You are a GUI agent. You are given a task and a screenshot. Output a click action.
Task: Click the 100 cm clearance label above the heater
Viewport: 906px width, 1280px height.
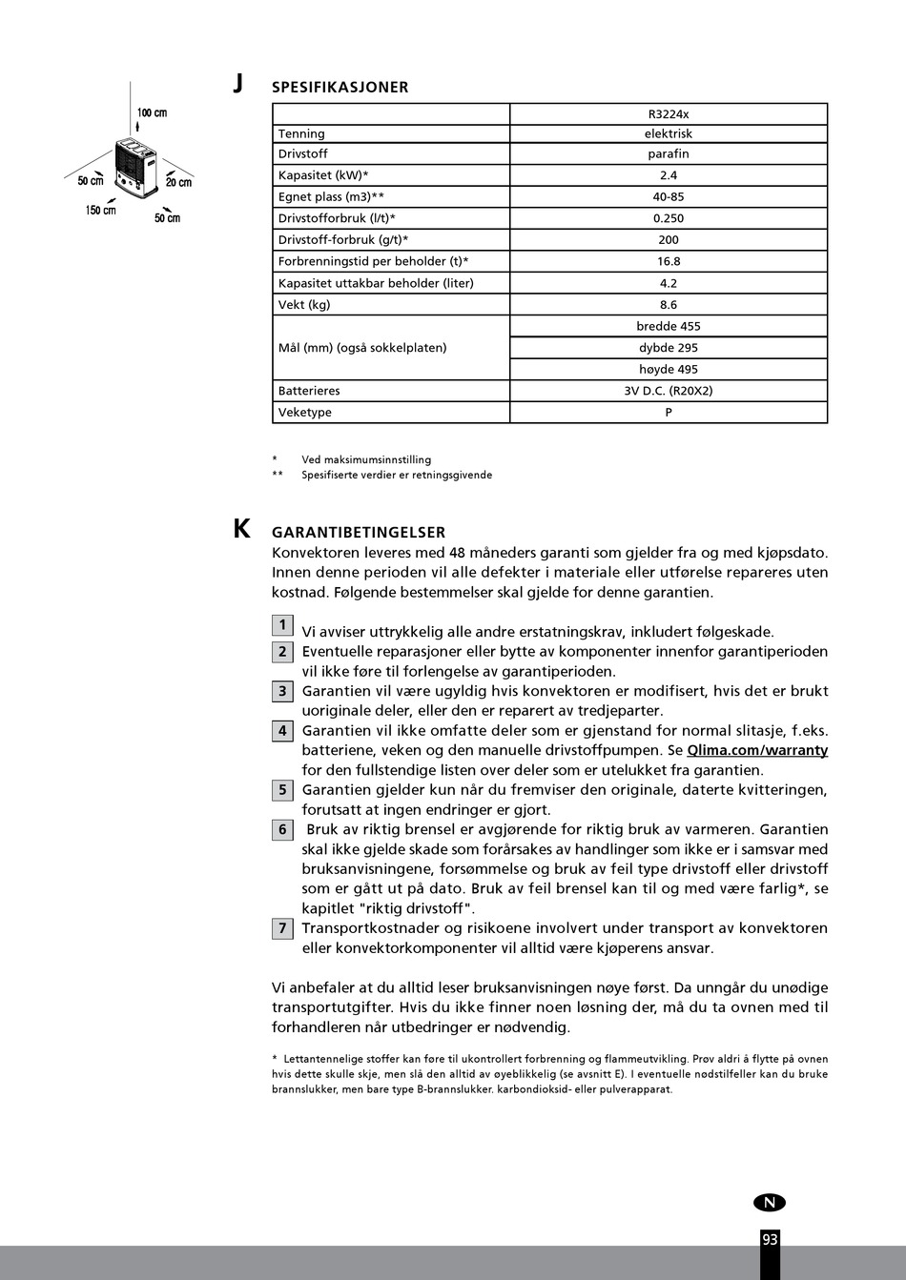click(x=152, y=112)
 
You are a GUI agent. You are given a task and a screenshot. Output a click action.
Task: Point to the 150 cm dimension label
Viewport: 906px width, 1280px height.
click(x=100, y=210)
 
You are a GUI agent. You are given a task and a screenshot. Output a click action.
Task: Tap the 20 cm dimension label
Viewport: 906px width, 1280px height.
click(x=178, y=181)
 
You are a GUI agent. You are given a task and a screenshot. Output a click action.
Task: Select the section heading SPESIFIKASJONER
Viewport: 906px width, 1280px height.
click(x=340, y=87)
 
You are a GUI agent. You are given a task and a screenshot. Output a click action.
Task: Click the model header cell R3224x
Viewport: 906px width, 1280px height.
click(x=668, y=113)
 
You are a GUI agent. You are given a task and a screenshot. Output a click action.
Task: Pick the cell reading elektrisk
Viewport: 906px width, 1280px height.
click(x=668, y=133)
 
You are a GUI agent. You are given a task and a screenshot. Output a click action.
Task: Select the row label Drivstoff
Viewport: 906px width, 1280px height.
click(x=302, y=153)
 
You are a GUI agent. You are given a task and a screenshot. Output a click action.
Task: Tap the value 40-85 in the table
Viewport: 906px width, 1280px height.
click(x=668, y=196)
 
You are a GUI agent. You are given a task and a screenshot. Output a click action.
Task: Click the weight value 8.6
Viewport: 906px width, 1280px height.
click(x=668, y=305)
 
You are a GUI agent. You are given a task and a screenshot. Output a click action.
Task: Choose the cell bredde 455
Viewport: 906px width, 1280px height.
click(x=668, y=326)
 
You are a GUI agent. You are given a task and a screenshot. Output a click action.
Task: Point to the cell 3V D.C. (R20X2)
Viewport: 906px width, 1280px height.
click(x=668, y=391)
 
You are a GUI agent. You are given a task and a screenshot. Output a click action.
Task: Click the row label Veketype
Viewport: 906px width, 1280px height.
click(x=305, y=413)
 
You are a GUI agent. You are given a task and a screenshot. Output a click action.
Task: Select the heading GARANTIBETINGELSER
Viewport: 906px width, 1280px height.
click(x=358, y=533)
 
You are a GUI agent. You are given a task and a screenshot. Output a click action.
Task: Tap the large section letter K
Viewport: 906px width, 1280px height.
click(x=242, y=529)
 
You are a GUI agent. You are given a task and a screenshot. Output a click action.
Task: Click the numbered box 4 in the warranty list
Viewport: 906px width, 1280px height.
click(x=282, y=731)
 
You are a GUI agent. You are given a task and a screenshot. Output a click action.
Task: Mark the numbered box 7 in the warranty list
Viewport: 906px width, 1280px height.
click(x=282, y=928)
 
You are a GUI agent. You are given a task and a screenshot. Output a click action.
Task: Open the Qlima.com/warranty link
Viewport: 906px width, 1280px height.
click(x=757, y=750)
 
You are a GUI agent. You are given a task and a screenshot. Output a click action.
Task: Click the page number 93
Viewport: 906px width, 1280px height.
click(x=770, y=1239)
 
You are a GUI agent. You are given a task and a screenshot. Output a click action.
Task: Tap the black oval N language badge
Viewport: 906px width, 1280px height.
click(x=769, y=1203)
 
